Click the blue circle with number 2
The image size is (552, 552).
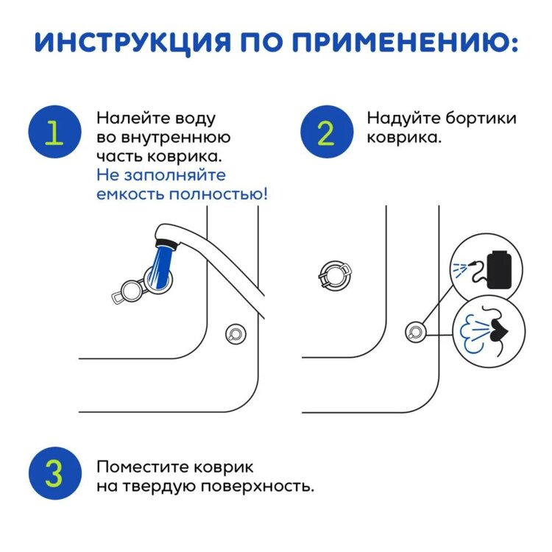[x=325, y=133]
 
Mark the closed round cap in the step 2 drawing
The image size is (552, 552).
[x=333, y=275]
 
